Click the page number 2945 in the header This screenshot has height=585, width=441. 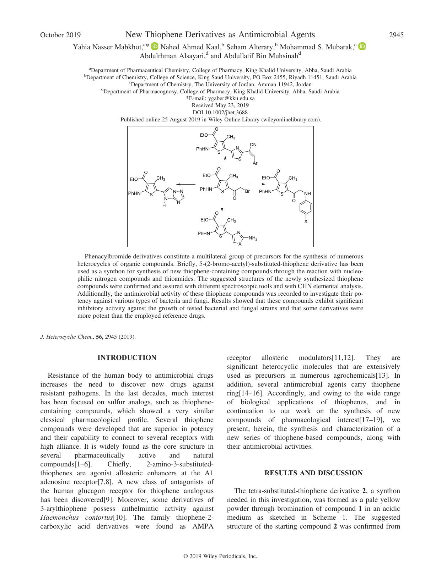(396, 35)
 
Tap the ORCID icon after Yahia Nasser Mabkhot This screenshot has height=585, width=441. (155, 47)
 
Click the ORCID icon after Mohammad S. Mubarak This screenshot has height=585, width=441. (362, 46)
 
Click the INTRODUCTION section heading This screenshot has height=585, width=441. (127, 358)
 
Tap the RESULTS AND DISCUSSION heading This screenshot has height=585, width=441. (313, 473)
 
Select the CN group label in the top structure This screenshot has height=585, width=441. (253, 145)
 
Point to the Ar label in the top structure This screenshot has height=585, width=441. (255, 164)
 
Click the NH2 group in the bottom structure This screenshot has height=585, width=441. (253, 239)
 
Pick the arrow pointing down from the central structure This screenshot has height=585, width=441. (222, 206)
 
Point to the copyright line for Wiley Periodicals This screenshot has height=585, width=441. (220, 556)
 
